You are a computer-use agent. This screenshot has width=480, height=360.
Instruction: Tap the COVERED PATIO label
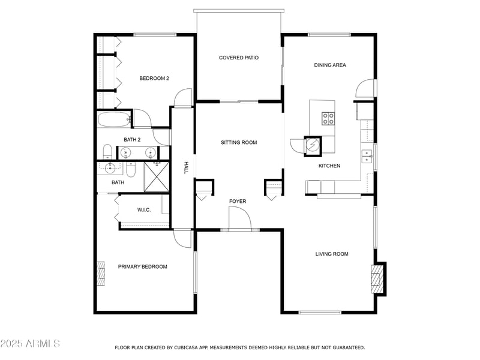[239, 58]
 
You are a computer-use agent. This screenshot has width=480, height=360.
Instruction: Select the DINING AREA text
[330, 65]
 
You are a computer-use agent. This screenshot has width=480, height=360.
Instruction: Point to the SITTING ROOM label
[239, 142]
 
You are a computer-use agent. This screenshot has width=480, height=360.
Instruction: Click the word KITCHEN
[329, 166]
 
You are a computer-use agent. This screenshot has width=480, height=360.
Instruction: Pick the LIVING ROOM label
[332, 254]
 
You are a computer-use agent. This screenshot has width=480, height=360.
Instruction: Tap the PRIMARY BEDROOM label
[142, 266]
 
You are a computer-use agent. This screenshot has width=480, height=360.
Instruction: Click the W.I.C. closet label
[143, 209]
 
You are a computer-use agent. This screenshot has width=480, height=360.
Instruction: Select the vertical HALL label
[187, 168]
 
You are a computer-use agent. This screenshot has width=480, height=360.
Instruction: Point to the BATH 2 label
[132, 139]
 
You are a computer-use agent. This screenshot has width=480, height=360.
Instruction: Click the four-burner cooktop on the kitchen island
[328, 118]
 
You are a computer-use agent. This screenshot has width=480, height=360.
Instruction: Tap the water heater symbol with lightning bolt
[313, 145]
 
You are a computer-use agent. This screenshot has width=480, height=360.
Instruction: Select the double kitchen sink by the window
[367, 156]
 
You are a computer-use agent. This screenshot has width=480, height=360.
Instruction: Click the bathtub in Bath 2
[114, 120]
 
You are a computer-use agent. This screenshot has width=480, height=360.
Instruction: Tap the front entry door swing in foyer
[238, 217]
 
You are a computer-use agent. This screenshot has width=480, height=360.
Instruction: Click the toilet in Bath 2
[107, 151]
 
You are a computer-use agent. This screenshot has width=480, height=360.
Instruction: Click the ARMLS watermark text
[30, 343]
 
